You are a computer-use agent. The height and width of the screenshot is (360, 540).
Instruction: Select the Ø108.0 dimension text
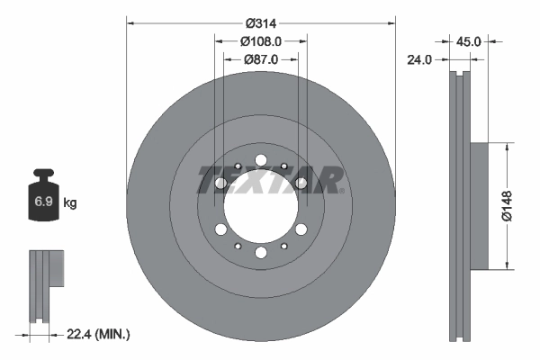click(261, 40)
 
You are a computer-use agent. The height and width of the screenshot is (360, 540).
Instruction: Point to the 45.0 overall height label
click(470, 40)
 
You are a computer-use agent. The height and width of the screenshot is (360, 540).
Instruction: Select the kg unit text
click(70, 203)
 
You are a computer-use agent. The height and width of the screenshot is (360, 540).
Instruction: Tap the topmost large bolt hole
click(261, 161)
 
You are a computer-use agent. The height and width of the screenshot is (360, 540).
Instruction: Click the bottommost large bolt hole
click(261, 253)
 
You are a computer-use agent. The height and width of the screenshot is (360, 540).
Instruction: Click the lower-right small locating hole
click(284, 246)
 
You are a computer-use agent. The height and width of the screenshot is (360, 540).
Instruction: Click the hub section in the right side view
click(477, 205)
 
